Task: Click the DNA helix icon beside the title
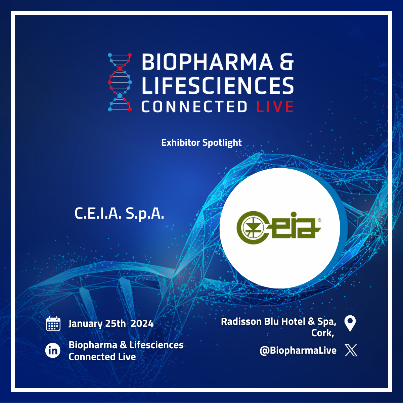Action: (x=120, y=82)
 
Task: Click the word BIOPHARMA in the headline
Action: (x=207, y=62)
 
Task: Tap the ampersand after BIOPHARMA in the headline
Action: (x=286, y=62)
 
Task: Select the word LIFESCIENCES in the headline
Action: (x=218, y=85)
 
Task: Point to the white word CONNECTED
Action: (x=194, y=107)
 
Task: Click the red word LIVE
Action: (x=275, y=107)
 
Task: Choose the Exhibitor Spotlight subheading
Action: (x=201, y=143)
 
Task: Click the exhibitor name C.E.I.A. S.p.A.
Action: (x=119, y=214)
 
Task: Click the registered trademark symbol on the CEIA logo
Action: (x=319, y=220)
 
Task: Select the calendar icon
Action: (x=53, y=324)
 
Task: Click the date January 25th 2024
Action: (x=111, y=324)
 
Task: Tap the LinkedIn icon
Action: (x=53, y=351)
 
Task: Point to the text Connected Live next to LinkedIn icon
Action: (x=102, y=357)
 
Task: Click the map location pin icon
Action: (x=350, y=323)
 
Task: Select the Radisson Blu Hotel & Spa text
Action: (x=278, y=322)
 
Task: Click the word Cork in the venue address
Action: (x=322, y=333)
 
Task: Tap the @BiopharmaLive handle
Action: (x=298, y=351)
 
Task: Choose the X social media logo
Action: (x=351, y=350)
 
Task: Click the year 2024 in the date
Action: (x=142, y=324)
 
